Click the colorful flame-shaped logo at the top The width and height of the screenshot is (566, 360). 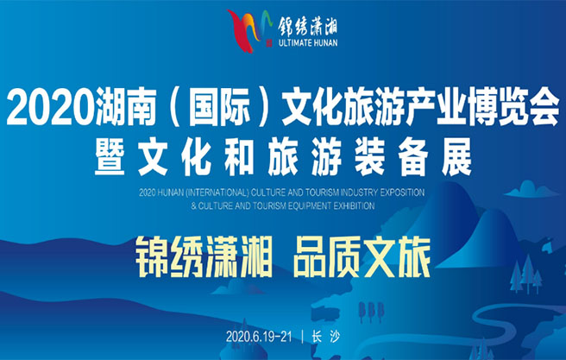(249, 31)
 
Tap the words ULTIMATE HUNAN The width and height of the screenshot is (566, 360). (308, 43)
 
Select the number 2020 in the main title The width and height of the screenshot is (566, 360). (51, 107)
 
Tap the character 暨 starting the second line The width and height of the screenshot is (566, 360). (110, 157)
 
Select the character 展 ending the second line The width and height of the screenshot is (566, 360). (456, 157)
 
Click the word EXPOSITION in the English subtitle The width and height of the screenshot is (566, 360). (402, 193)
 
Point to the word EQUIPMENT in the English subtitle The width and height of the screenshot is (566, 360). (305, 205)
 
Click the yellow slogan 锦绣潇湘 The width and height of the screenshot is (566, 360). (204, 256)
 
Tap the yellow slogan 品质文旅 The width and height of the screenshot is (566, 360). (362, 256)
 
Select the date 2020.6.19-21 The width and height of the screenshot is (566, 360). (259, 337)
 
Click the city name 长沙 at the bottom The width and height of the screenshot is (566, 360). (326, 337)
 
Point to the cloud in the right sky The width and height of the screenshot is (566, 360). (531, 189)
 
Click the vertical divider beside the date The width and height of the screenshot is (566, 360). (303, 337)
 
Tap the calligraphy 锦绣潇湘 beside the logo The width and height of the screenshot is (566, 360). (307, 26)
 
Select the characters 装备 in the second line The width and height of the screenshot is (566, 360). (392, 157)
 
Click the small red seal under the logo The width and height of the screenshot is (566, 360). (268, 44)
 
